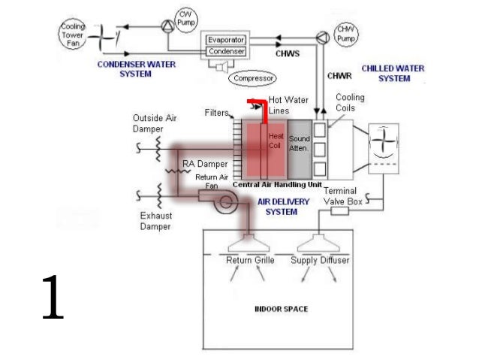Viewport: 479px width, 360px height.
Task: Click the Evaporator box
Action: pos(226,40)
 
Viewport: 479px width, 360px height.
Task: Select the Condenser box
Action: pos(226,51)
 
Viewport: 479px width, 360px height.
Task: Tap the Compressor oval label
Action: pos(252,78)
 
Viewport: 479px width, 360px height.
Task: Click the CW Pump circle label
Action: pos(186,20)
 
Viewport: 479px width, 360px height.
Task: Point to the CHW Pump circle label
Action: pos(346,34)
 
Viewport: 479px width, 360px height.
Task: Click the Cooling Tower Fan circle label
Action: pos(73,35)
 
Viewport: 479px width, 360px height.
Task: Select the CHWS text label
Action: pos(288,54)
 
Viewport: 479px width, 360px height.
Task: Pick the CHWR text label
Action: pos(339,76)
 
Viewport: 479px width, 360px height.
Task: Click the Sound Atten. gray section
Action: pos(300,150)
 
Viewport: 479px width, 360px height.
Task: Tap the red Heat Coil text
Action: pos(276,141)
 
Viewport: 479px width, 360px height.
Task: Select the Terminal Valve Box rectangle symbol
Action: pos(339,210)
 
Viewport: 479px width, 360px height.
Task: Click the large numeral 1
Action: pos(53,298)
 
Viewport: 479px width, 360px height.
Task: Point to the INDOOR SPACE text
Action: pos(281,309)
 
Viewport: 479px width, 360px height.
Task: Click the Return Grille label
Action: pos(250,260)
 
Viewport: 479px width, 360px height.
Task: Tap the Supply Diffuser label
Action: pos(320,260)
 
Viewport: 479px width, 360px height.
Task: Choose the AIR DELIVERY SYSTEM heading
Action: pos(283,207)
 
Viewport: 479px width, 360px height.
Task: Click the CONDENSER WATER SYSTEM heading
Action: pos(136,69)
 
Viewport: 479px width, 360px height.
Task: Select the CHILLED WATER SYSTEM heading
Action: pos(393,74)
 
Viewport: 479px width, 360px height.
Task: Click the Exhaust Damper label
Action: pos(156,221)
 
